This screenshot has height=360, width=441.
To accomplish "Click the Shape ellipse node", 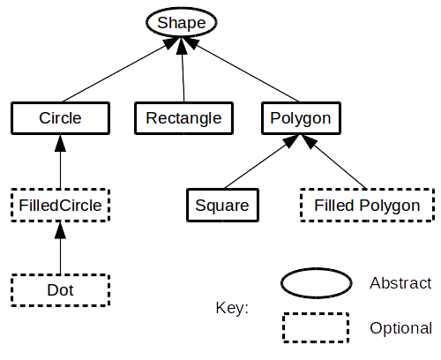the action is pos(182,23).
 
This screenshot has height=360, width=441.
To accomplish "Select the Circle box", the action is pos(60,118).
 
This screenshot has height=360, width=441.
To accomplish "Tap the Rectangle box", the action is pos(183,118).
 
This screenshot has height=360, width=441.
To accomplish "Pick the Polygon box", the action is pos(301,118).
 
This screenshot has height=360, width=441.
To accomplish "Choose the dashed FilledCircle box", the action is pos(60,206).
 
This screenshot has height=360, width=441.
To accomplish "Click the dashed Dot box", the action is pos(60,290).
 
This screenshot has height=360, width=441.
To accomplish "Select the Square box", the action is pos(222,206).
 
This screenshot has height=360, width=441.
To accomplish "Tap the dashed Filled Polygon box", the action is pos(367,206).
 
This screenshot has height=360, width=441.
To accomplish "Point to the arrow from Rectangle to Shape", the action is pos(183,70).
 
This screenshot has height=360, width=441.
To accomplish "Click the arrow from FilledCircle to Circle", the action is pos(60,161).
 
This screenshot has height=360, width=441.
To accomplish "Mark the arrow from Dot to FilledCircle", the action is pos(60,248).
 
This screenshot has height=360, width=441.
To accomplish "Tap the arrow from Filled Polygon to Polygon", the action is pos(334,161).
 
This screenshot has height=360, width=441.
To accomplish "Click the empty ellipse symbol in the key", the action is pos(317,283).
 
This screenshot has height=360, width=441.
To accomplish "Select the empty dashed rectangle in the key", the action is pos(316,328).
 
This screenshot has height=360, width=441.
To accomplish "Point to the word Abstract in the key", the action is pos(400,283).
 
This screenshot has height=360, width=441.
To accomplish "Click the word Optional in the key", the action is pos(401,328).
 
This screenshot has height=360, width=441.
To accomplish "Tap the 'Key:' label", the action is pos(232,308).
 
